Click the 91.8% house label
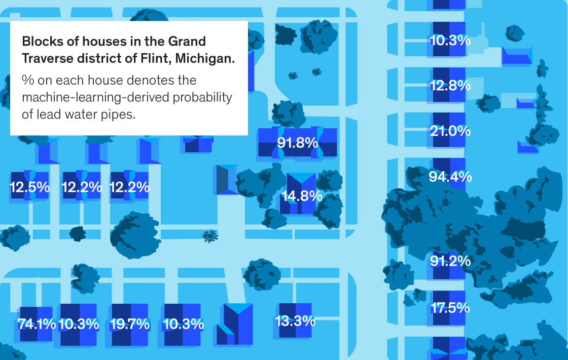point(298,142)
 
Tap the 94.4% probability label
point(450,177)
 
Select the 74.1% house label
point(37,324)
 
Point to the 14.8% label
point(302,196)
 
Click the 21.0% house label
point(450,131)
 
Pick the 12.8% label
point(450,86)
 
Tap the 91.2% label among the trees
point(450,262)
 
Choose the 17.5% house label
point(450,308)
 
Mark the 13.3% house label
point(295,321)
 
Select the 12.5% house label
point(30,188)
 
